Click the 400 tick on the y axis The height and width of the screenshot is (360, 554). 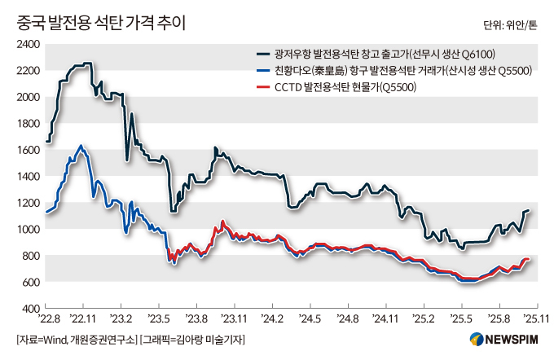tap(31, 309)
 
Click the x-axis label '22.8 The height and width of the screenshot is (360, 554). tap(48, 320)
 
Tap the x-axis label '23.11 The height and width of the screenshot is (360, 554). tap(235, 320)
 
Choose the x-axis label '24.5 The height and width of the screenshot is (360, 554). tap(310, 320)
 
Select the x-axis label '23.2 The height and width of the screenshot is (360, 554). tap(122, 320)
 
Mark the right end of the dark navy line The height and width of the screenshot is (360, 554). tap(528, 211)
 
